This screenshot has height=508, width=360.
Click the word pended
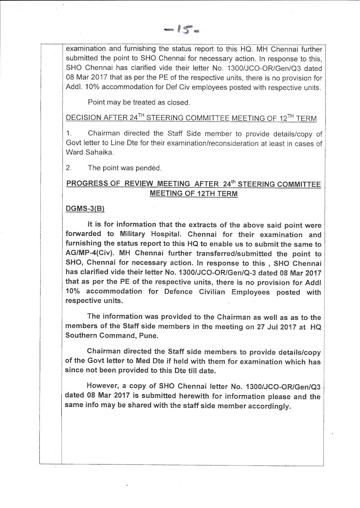148,168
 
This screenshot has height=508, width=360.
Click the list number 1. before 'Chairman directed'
69,134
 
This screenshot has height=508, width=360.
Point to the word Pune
149,336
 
